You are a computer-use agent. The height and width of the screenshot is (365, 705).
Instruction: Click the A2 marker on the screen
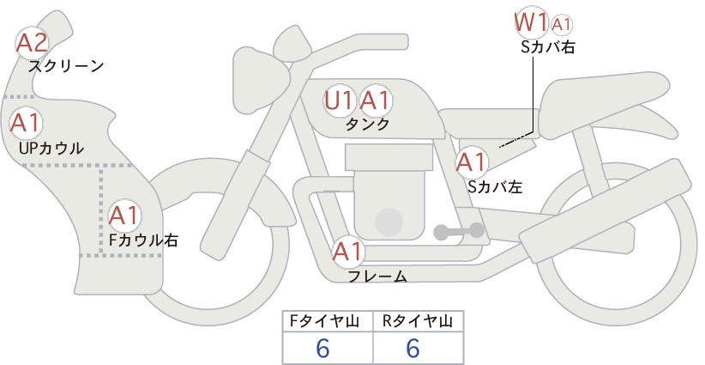pos(32,43)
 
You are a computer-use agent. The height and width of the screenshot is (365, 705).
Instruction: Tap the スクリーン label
pos(66,67)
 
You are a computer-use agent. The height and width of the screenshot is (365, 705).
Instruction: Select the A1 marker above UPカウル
pos(26,123)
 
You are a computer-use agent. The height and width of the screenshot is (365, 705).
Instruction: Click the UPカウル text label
pos(51,148)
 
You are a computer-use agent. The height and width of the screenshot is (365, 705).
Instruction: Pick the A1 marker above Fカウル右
pos(124,216)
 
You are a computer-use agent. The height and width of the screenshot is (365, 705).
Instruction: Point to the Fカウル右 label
pos(143,240)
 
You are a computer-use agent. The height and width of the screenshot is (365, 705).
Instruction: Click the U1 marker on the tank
pos(339,100)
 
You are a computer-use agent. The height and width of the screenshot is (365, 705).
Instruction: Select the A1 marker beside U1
pos(375,100)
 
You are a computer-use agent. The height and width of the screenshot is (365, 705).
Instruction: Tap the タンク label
pos(367,125)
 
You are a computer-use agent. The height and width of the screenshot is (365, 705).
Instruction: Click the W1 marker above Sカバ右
pos(532,22)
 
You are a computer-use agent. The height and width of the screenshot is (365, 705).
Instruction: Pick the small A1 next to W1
pos(561,25)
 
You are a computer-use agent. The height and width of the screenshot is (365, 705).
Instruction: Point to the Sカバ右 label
pos(548,47)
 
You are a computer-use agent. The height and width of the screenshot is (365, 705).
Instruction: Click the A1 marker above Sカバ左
pos(471,162)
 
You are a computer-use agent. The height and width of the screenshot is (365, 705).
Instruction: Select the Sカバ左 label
pos(495,186)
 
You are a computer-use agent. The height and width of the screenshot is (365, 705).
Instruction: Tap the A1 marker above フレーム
pos(347,252)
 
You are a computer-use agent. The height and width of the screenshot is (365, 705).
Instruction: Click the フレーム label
pos(377,277)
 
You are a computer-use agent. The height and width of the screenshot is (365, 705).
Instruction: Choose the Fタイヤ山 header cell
pos(328,321)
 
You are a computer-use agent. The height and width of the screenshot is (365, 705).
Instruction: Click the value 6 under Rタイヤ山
pos(413,348)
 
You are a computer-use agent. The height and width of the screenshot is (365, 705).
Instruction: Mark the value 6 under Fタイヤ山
pos(322,348)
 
